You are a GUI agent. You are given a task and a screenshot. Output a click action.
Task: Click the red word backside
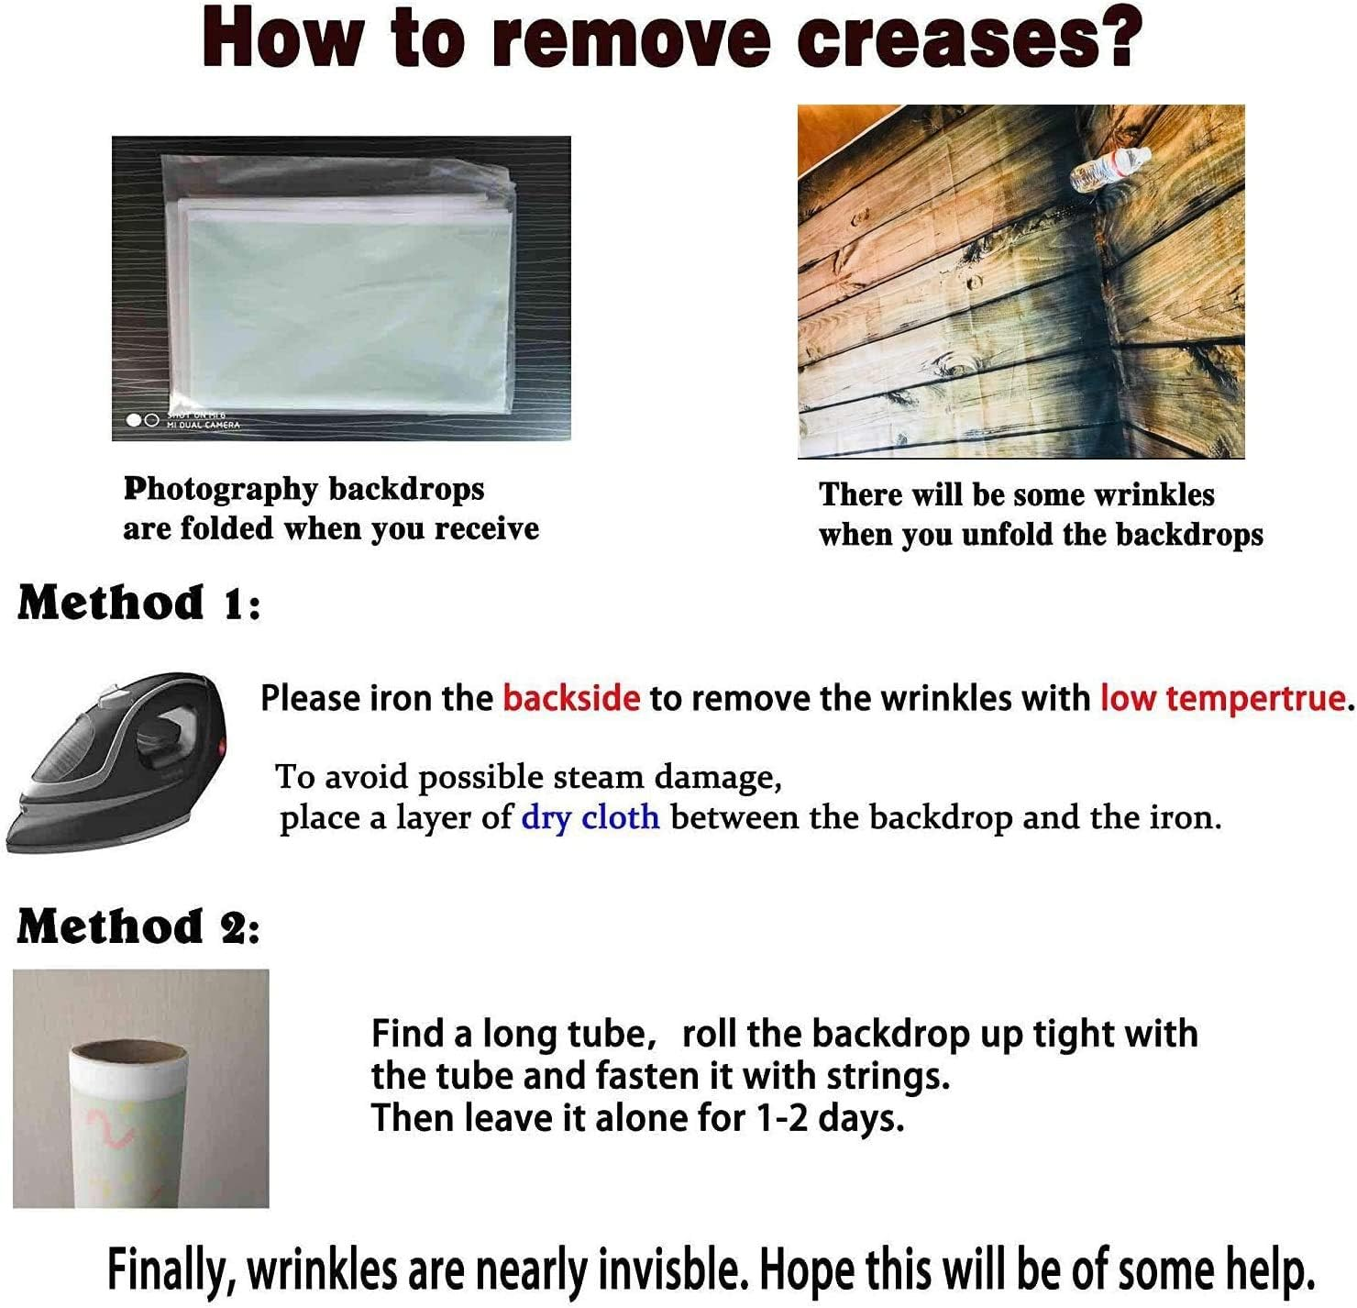coord(571,698)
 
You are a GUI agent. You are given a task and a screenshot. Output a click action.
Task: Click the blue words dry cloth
coord(590,817)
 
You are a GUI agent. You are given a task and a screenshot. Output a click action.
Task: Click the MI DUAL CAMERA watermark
coord(203,424)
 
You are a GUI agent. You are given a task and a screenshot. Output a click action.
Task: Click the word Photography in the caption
coord(219,491)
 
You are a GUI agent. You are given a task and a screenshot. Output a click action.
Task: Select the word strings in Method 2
coord(888,1077)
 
